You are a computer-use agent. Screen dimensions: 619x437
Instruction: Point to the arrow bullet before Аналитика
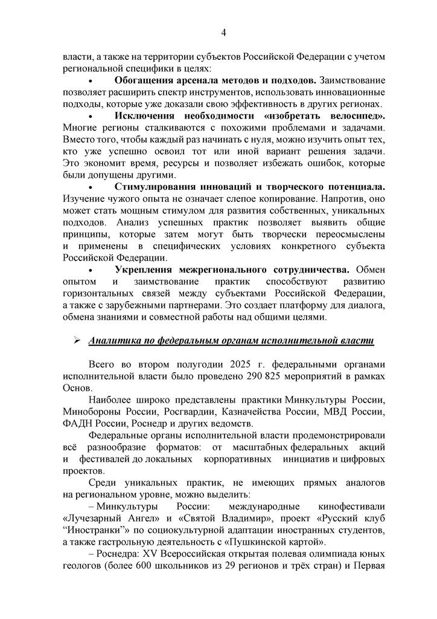click(77, 342)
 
